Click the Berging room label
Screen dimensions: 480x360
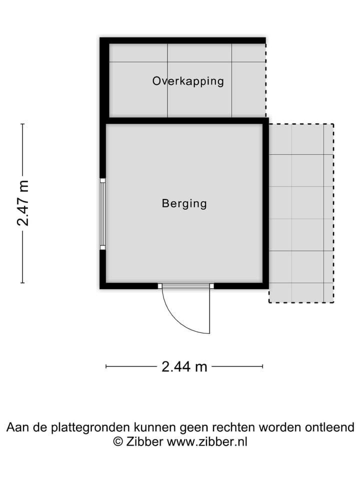point(184,203)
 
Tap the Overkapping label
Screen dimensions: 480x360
point(188,81)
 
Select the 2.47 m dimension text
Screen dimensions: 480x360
point(23,203)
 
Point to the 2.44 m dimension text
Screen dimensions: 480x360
point(184,366)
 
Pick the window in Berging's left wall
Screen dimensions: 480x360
point(102,214)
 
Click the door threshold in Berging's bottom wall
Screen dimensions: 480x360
point(185,286)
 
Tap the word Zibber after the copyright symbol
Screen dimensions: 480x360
point(144,441)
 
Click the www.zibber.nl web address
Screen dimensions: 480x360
point(207,441)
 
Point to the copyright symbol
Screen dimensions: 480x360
point(118,441)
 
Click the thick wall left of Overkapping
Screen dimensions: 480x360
point(104,80)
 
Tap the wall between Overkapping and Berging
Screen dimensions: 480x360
point(185,120)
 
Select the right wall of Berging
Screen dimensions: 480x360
point(265,205)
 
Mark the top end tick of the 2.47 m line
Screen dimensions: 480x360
point(22,124)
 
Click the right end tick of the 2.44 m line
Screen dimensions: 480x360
point(262,366)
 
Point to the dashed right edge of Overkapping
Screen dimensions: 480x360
point(265,80)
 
